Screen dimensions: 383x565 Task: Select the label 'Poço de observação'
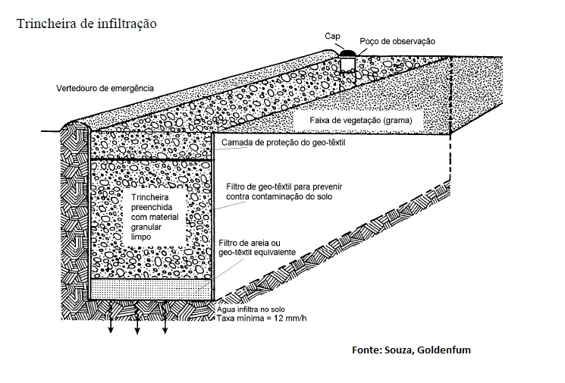click(x=397, y=41)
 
